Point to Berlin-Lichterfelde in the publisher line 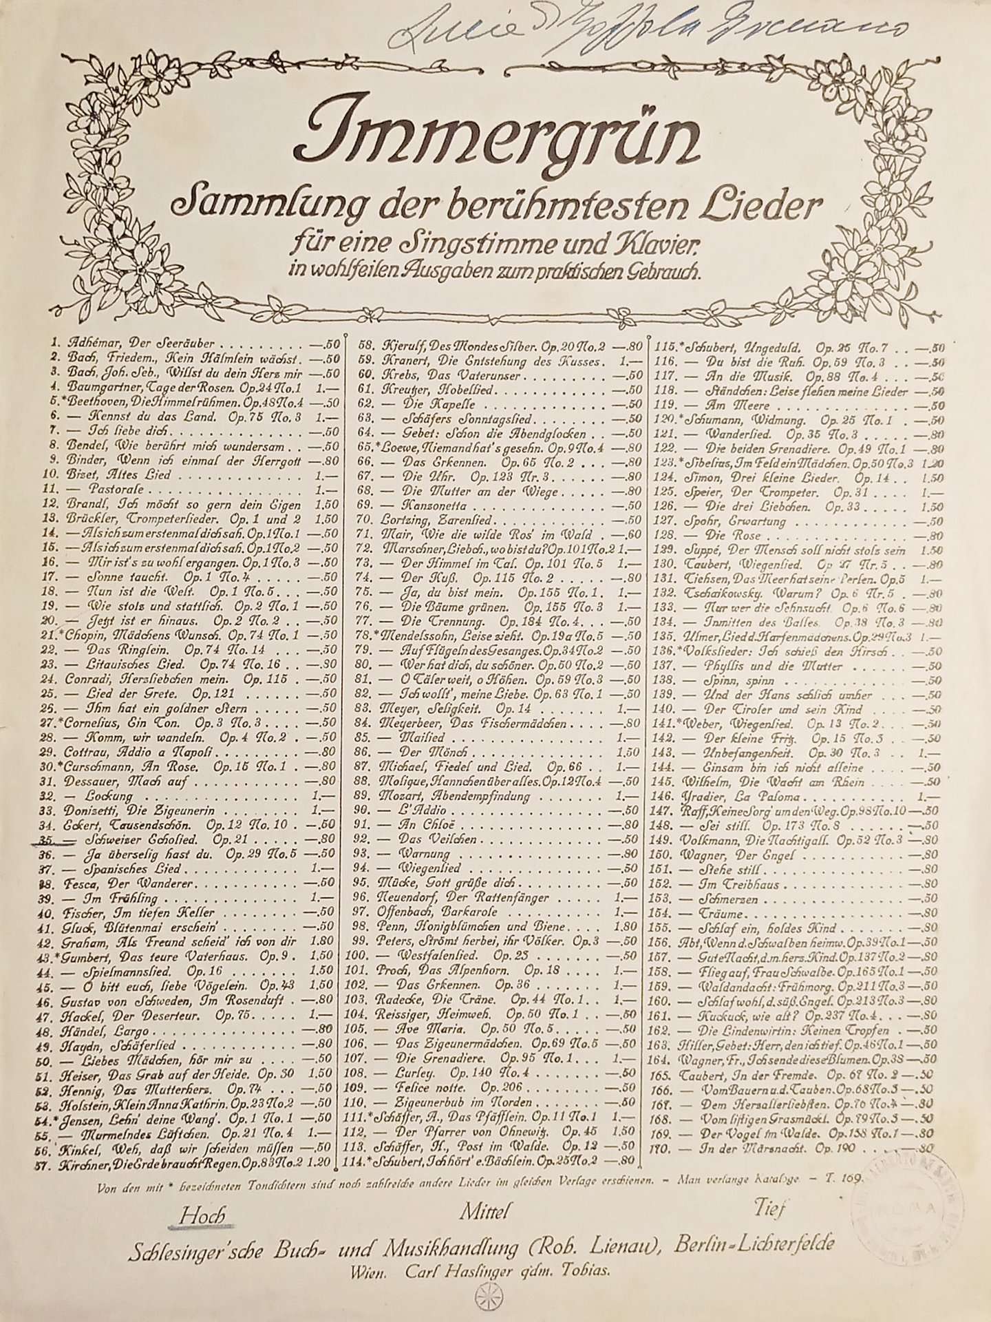coord(755,1244)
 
